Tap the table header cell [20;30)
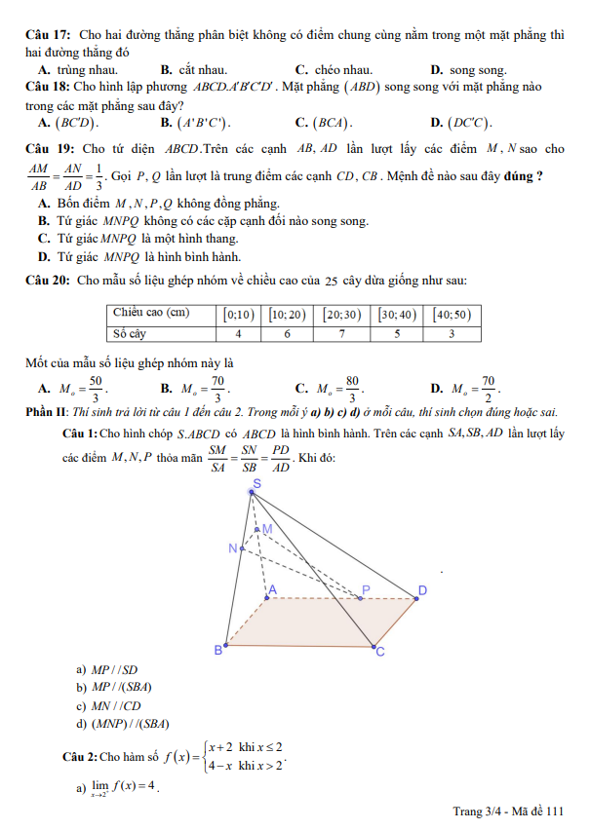(x=342, y=314)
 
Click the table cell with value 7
(x=342, y=332)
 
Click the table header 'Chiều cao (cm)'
(x=151, y=314)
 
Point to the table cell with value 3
(x=452, y=332)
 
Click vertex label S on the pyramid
(x=256, y=483)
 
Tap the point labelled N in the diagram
(x=233, y=547)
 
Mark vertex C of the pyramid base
(x=380, y=652)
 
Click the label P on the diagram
(x=367, y=589)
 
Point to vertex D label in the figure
(x=423, y=590)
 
